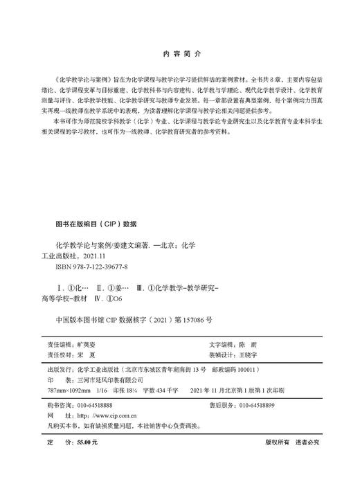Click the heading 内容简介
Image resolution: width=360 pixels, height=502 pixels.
click(180, 53)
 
